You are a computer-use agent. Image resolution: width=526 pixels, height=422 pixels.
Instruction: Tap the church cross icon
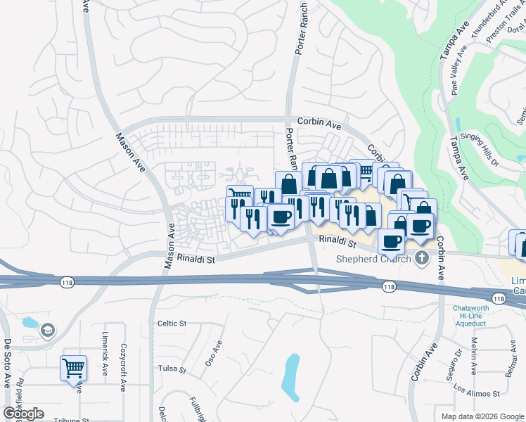pos(422,257)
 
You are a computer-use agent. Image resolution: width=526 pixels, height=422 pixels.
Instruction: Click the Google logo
pos(23,414)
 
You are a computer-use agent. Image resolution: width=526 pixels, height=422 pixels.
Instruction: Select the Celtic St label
pos(171,324)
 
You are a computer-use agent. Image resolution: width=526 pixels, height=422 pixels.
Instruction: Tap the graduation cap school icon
pos(47,330)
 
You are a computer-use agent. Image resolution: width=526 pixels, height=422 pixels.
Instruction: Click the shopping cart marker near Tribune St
pos(73,367)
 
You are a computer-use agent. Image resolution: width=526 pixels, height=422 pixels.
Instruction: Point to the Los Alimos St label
pos(476,390)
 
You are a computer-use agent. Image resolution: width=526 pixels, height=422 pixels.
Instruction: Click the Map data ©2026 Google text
pos(482,416)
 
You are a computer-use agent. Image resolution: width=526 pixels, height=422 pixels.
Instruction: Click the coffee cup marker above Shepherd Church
pos(392,241)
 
